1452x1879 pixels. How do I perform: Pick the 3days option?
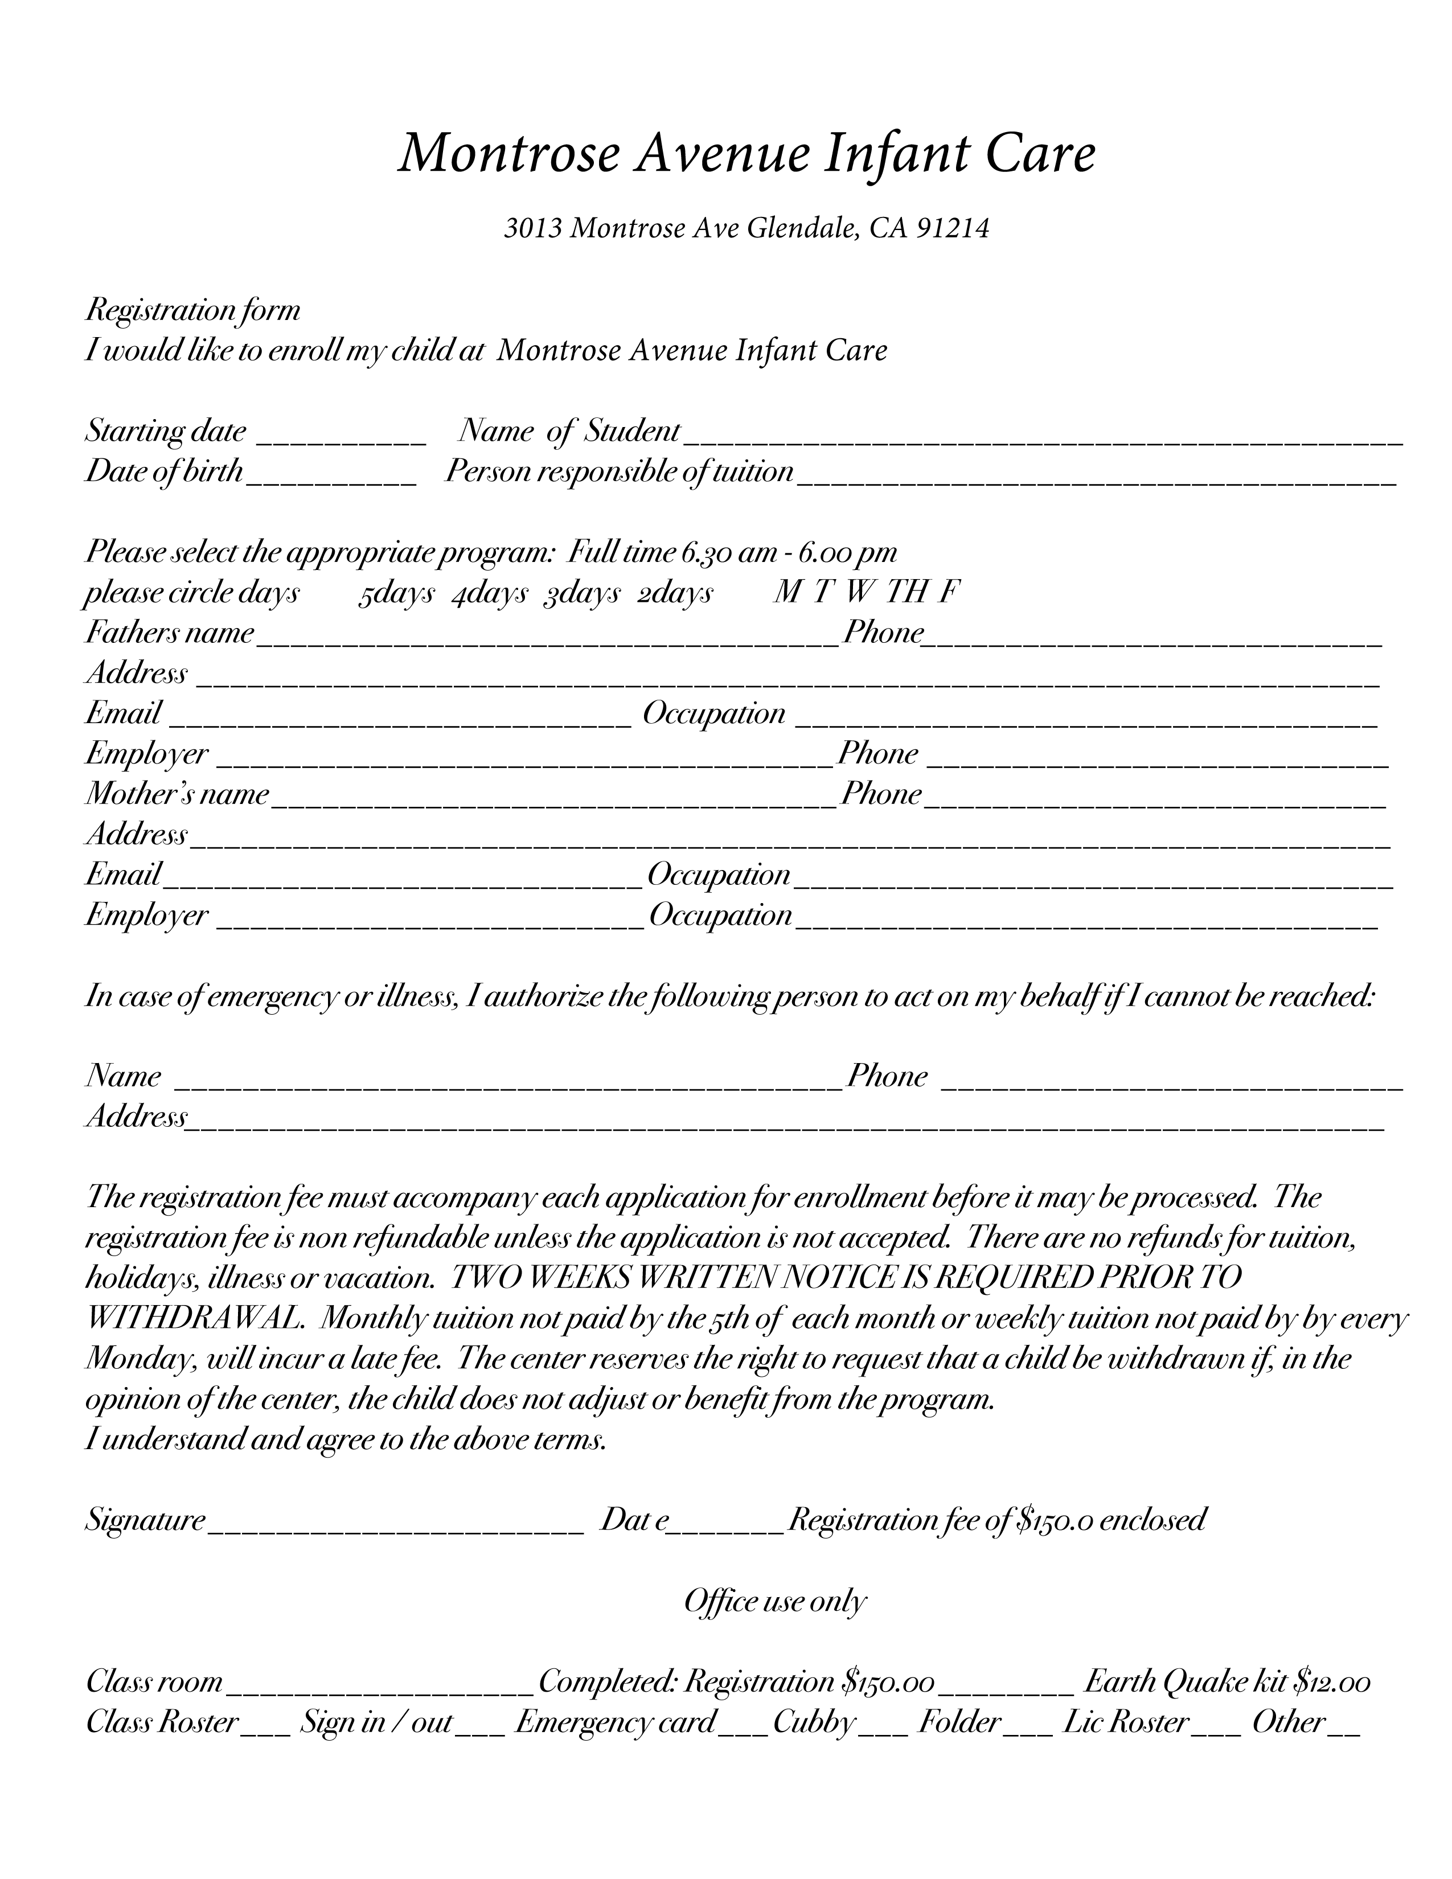[x=581, y=594]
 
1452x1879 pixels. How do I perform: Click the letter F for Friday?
[x=949, y=593]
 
